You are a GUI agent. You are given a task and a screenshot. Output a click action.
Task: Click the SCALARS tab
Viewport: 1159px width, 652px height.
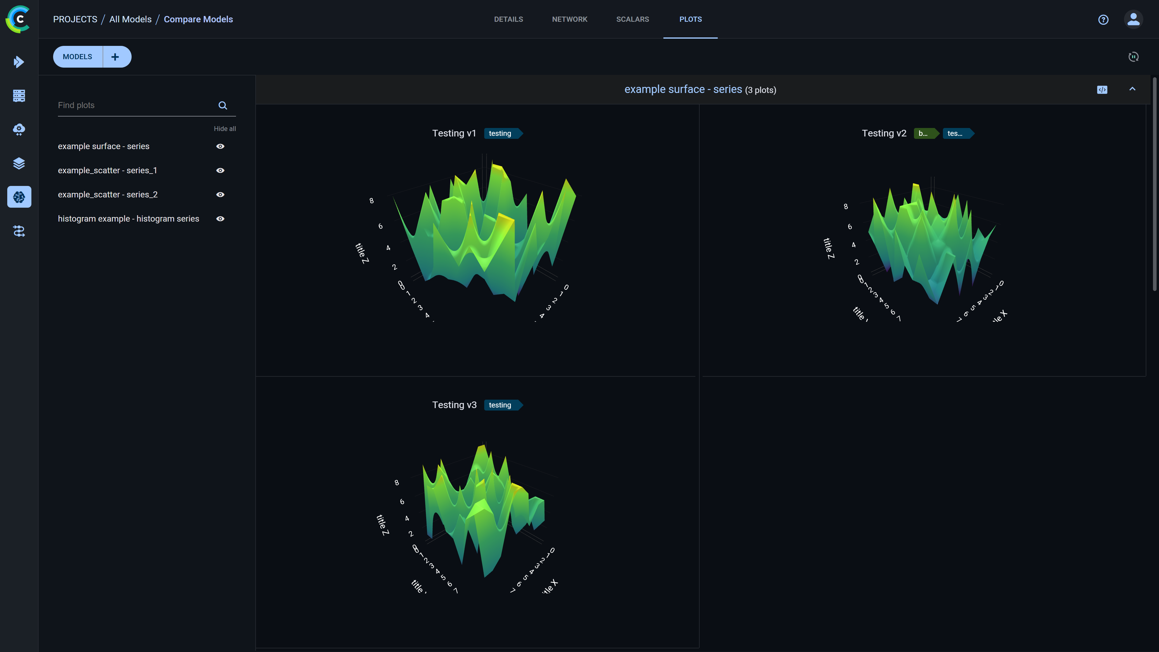[632, 19]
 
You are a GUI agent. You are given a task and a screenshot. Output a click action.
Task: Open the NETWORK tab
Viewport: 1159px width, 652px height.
[569, 19]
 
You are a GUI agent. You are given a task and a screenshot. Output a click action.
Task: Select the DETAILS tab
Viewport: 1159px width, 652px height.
[508, 19]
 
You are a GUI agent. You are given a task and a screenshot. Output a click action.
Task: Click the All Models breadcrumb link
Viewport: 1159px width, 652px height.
[130, 19]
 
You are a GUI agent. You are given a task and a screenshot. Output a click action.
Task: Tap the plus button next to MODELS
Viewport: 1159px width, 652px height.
[115, 57]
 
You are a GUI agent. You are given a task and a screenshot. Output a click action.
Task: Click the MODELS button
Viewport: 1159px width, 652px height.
[77, 57]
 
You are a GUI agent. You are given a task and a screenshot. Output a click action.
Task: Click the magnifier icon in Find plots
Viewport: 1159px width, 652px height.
[223, 105]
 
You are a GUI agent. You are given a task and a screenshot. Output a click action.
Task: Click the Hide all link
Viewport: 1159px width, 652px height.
[225, 129]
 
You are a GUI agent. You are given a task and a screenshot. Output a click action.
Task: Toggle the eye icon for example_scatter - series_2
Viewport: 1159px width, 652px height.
[220, 194]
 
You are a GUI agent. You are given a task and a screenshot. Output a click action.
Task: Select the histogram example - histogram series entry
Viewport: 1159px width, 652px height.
[128, 219]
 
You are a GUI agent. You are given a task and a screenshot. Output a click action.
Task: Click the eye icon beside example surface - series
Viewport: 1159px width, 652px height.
[220, 146]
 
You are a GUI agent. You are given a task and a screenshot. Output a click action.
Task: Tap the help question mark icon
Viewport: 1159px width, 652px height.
[1103, 19]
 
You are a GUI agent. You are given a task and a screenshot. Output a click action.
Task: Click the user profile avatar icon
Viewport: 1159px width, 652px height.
[1133, 19]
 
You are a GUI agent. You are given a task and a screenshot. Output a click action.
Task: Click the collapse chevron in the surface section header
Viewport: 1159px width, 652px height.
[1132, 89]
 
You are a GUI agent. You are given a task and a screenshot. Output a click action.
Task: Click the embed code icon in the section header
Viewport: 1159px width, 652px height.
[1102, 90]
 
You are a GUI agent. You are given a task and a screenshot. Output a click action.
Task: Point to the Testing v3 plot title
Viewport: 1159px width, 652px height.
[454, 405]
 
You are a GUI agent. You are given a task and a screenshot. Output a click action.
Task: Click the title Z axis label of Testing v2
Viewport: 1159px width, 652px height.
[828, 248]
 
